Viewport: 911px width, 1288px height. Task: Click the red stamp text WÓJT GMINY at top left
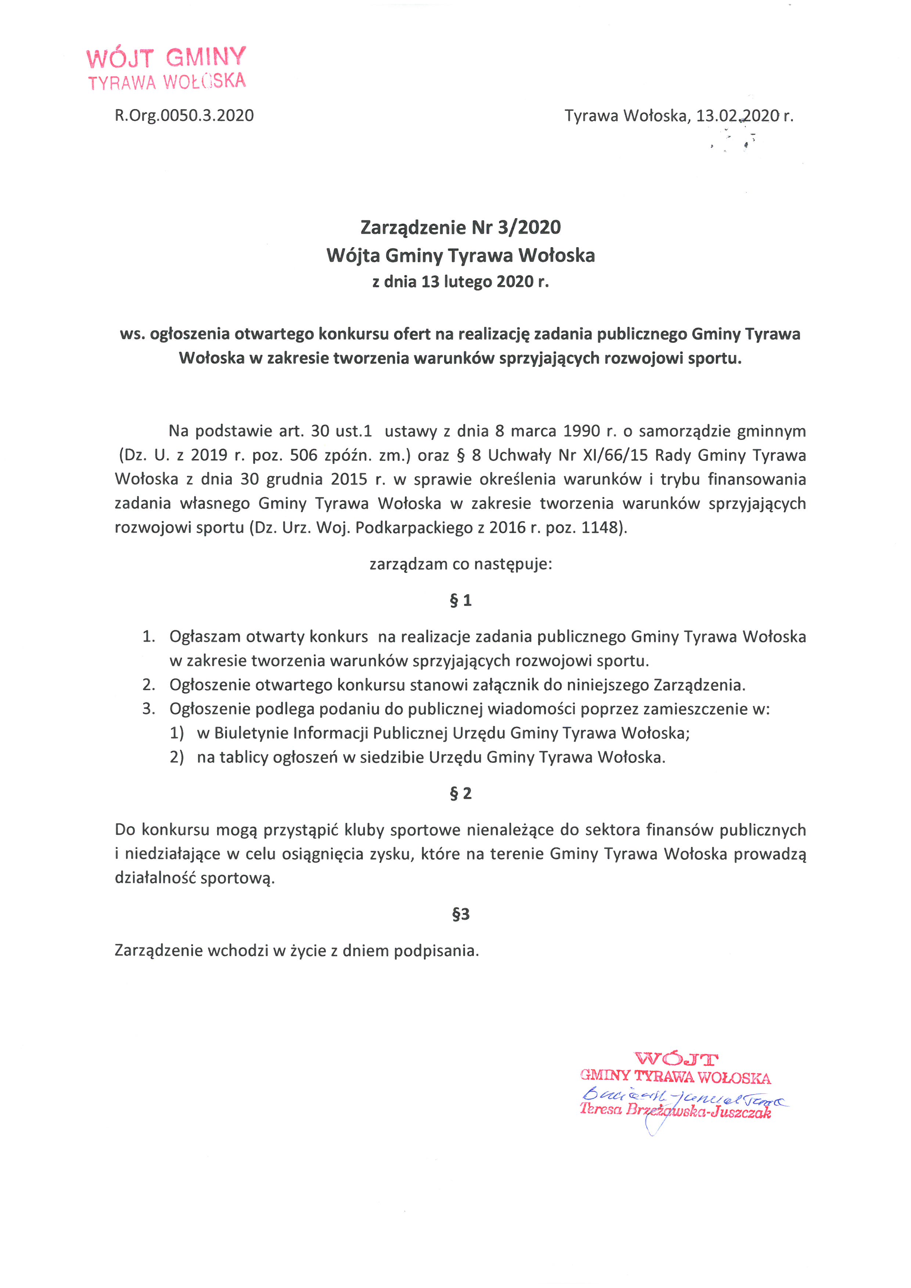click(166, 57)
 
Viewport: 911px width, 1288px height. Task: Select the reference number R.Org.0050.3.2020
click(184, 116)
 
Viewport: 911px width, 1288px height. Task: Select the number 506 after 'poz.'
click(303, 455)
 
